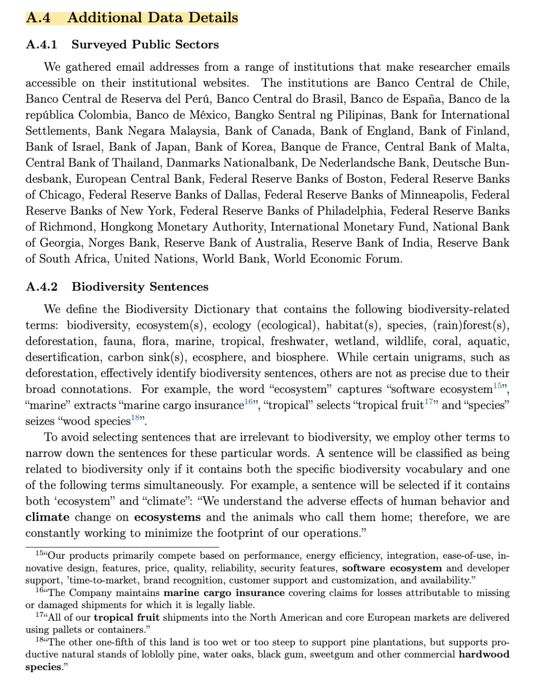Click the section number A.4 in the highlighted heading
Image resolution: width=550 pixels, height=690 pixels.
click(x=38, y=18)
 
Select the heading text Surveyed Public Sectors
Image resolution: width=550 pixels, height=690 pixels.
click(x=145, y=44)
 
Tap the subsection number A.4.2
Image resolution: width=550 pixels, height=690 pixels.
click(x=41, y=286)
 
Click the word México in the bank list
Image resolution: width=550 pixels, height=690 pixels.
click(x=207, y=115)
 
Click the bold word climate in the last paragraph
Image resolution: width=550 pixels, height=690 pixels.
click(x=47, y=517)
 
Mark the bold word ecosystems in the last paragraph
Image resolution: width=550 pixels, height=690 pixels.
click(x=167, y=517)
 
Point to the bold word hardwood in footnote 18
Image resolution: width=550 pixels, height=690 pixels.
click(x=484, y=654)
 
